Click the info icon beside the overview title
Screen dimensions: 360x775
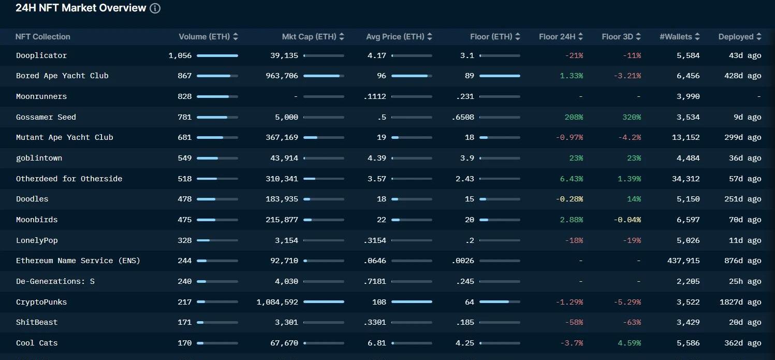click(155, 8)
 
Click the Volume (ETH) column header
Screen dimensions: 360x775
click(204, 37)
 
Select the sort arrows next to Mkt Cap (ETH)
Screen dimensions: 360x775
click(341, 37)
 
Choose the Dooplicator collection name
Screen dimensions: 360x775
click(41, 55)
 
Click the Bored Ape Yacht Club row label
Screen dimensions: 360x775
click(62, 76)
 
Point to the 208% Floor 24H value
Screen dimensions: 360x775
click(574, 117)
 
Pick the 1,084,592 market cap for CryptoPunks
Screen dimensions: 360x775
click(277, 302)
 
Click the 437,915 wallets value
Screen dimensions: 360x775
click(683, 261)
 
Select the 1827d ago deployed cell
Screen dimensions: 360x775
click(740, 302)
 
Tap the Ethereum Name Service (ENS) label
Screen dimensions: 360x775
click(78, 261)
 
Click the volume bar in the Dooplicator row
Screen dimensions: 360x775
click(217, 55)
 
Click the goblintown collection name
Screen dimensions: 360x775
click(39, 158)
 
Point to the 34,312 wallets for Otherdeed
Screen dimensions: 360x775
click(686, 179)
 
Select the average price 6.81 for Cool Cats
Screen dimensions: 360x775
click(377, 343)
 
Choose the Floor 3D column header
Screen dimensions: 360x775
click(617, 37)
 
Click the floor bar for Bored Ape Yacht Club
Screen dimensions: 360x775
click(500, 76)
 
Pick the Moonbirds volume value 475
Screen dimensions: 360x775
click(184, 220)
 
